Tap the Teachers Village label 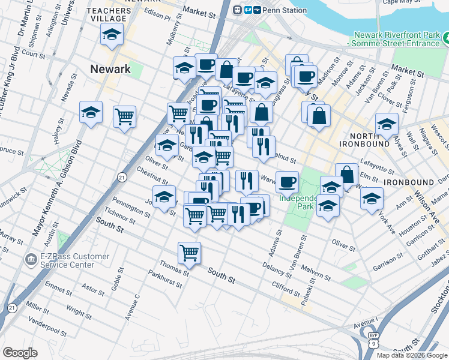pyautogui.click(x=109, y=15)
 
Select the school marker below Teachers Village pyautogui.click(x=112, y=36)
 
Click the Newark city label pyautogui.click(x=110, y=69)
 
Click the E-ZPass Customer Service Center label pyautogui.click(x=67, y=260)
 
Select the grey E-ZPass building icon pyautogui.click(x=29, y=260)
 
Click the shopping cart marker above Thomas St pyautogui.click(x=189, y=253)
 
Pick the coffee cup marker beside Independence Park pyautogui.click(x=287, y=181)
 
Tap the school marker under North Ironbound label pyautogui.click(x=387, y=125)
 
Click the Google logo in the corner pyautogui.click(x=20, y=353)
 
